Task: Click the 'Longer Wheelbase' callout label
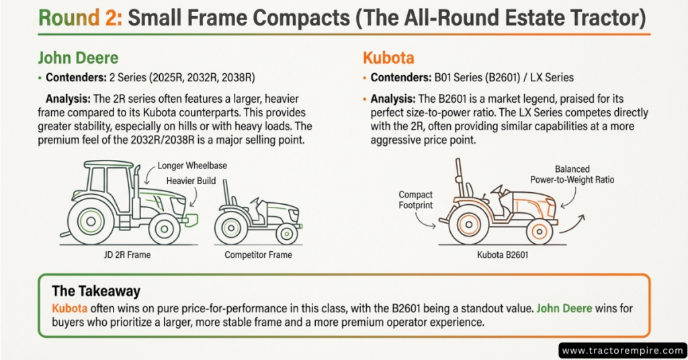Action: [x=191, y=166]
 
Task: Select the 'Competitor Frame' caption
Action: [x=258, y=255]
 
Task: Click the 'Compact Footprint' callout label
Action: [x=415, y=200]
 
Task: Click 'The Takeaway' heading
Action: [x=96, y=291]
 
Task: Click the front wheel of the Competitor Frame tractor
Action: [x=287, y=233]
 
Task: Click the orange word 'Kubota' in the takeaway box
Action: [x=69, y=308]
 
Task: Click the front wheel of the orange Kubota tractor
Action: [x=539, y=231]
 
